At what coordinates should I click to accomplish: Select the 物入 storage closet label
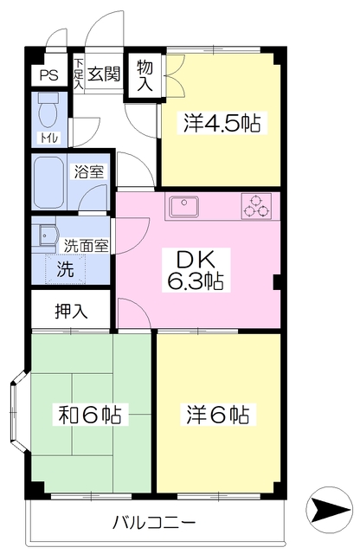click(145, 75)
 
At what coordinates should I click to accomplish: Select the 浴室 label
click(90, 171)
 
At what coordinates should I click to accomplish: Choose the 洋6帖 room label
click(217, 415)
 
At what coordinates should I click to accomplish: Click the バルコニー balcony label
click(155, 524)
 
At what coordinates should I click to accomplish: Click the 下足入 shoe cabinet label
click(79, 73)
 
